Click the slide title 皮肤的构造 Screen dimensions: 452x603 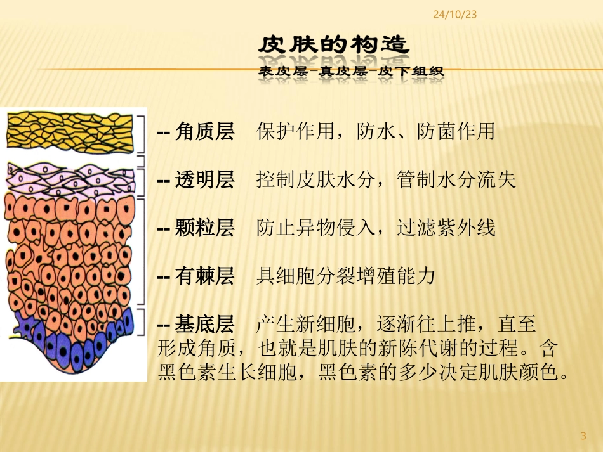(x=334, y=46)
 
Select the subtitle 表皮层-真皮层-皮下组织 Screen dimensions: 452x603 (x=352, y=72)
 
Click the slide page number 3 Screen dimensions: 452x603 (x=583, y=436)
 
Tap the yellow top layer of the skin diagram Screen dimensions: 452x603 (x=70, y=130)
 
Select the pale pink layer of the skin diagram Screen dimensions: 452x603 (x=70, y=177)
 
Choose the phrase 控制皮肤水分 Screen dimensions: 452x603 (x=311, y=179)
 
